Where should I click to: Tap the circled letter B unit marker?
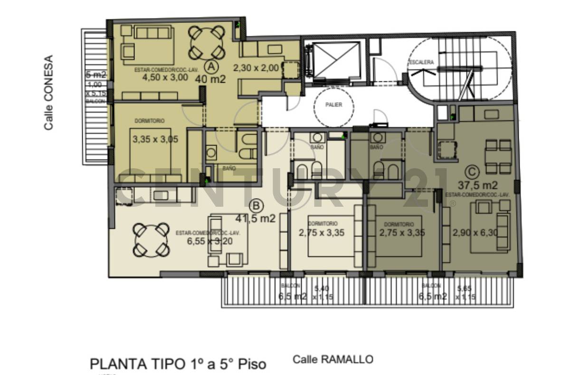point(256,205)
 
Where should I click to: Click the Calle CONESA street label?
point(48,93)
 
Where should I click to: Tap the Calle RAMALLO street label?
point(332,359)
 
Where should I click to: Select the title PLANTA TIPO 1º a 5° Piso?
point(178,364)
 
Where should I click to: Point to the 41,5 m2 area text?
point(256,219)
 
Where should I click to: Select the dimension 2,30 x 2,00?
point(256,68)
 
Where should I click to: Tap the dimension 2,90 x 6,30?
point(475,233)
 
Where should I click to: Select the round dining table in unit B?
point(151,240)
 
